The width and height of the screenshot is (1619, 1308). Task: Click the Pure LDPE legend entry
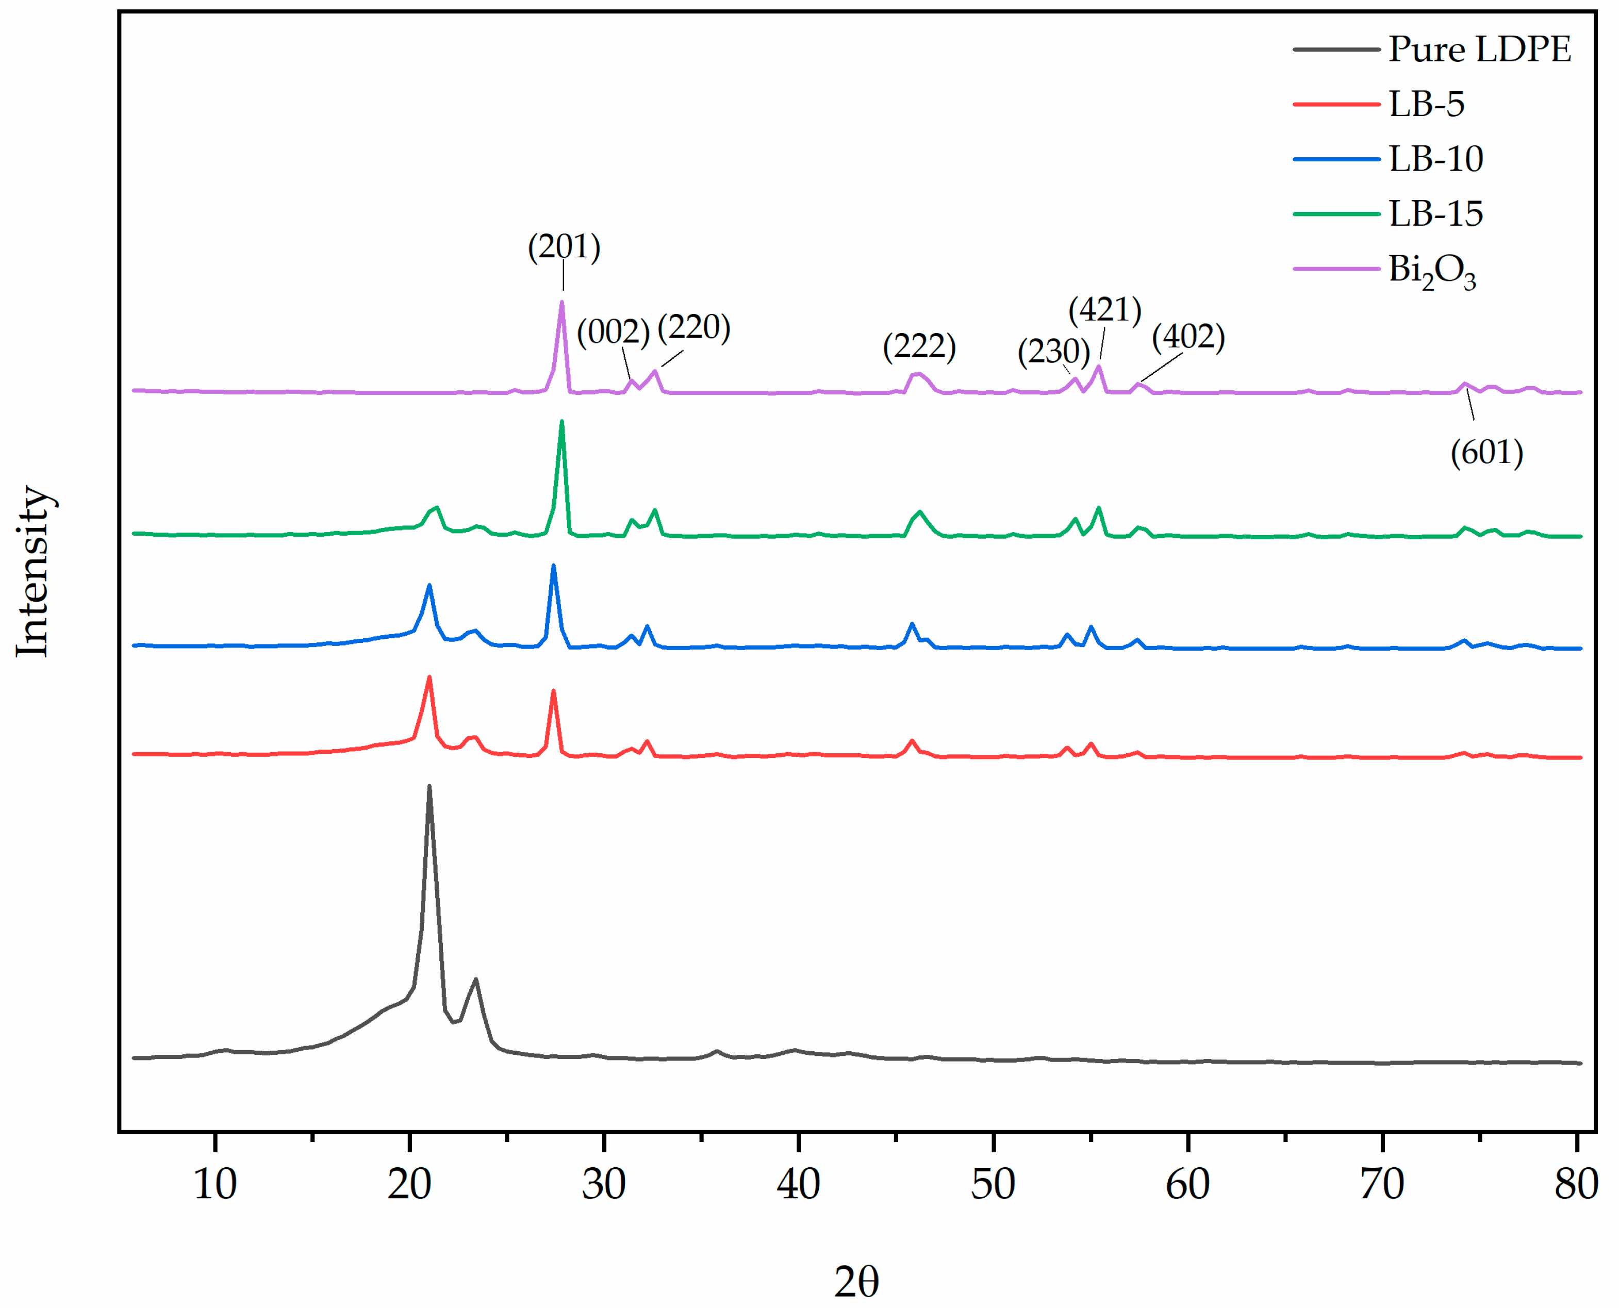1479,49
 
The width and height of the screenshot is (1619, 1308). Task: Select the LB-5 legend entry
1426,104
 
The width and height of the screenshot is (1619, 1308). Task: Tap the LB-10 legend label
1435,159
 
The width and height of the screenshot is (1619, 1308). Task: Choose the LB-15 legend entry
1435,214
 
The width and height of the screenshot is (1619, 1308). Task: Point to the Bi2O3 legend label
1431,271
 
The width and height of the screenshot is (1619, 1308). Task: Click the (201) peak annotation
564,247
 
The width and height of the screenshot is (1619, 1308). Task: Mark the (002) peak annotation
613,332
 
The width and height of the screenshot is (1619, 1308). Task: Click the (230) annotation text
1053,352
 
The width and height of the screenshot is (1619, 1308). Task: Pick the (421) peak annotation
1104,310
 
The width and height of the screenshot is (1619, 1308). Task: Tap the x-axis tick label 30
603,1184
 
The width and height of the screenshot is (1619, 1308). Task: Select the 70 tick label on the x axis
1382,1184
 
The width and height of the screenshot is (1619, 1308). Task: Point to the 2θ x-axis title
856,1280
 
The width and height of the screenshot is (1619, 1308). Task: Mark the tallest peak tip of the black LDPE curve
429,787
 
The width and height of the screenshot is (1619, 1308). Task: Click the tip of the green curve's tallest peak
561,422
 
